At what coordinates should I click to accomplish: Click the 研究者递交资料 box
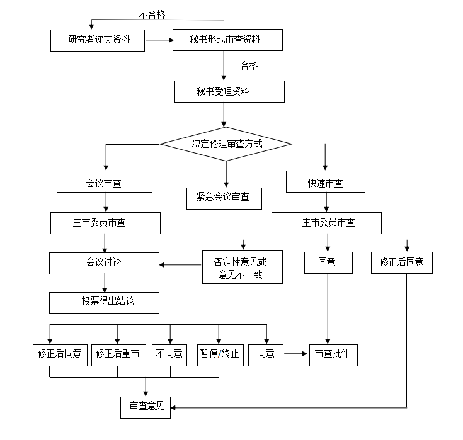tap(98, 40)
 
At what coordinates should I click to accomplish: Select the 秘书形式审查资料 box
tap(226, 40)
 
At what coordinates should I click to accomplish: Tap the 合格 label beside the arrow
tap(249, 65)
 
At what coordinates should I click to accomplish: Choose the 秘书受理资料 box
tap(229, 92)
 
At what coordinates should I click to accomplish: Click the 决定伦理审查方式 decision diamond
tap(226, 144)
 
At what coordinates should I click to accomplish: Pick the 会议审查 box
tap(105, 183)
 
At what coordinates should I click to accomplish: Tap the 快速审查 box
tap(326, 183)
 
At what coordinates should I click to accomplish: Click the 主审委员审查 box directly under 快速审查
tap(326, 223)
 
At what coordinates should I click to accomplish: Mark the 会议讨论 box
tap(105, 263)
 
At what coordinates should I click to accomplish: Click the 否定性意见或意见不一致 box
tap(241, 267)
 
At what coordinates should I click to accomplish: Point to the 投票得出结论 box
tap(105, 302)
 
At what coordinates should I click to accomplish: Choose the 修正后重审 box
tap(118, 354)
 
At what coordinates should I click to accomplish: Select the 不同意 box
tap(170, 354)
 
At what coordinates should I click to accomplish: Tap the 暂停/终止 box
tap(219, 354)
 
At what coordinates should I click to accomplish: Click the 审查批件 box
tap(333, 354)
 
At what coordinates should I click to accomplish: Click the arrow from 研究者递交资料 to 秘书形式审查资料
tap(159, 41)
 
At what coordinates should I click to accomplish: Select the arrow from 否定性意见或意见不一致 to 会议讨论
tap(181, 264)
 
